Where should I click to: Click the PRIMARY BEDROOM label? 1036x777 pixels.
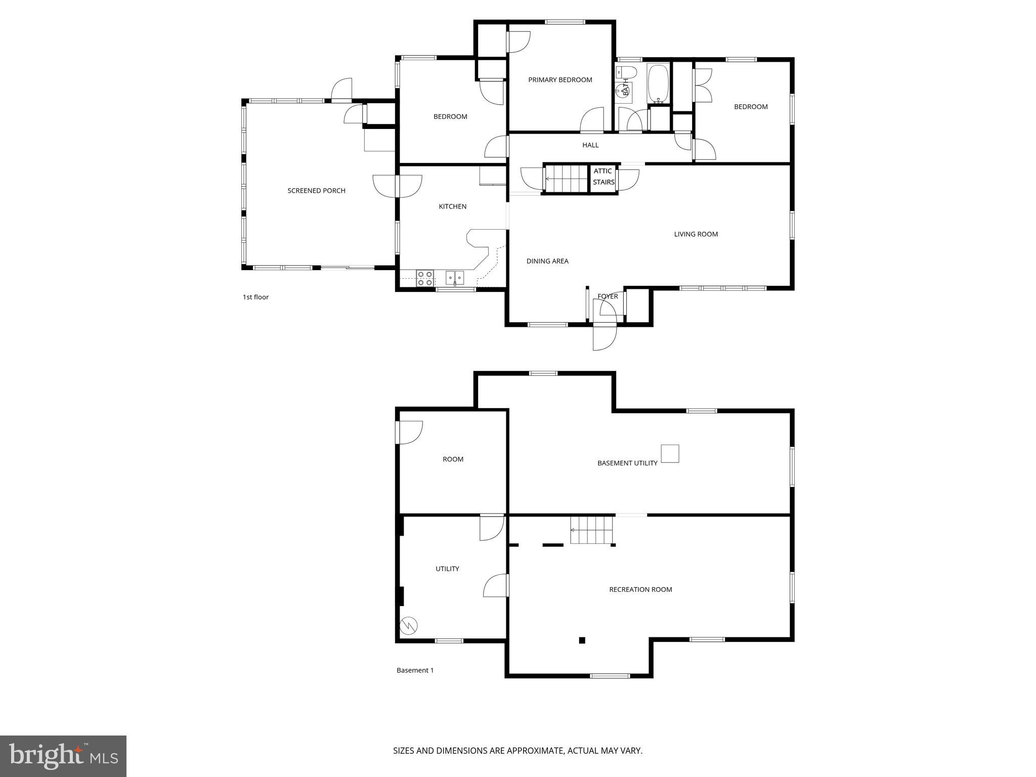click(560, 80)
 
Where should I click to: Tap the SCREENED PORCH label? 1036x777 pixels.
click(316, 191)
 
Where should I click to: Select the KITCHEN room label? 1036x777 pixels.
click(452, 206)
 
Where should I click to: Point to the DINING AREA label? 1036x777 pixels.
click(547, 261)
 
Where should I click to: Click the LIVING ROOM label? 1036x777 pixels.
click(696, 234)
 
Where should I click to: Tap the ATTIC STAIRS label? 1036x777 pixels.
click(603, 177)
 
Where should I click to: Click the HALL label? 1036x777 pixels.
click(590, 145)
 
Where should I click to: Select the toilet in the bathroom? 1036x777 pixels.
click(626, 71)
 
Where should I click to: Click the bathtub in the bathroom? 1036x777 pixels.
click(658, 83)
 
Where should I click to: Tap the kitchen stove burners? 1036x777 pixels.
click(424, 278)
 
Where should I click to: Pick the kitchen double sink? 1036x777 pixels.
click(454, 277)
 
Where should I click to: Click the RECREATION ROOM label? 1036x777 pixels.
click(640, 589)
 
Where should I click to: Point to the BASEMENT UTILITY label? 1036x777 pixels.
click(627, 463)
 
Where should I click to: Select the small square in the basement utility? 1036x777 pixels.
click(670, 453)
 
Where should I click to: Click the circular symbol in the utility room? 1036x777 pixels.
click(408, 626)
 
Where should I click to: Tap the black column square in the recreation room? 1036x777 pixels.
click(582, 640)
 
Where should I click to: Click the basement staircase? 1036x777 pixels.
click(591, 530)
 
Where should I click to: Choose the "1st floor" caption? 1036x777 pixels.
click(255, 297)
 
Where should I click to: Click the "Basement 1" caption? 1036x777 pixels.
click(415, 670)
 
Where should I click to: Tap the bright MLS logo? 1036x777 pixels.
click(63, 756)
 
